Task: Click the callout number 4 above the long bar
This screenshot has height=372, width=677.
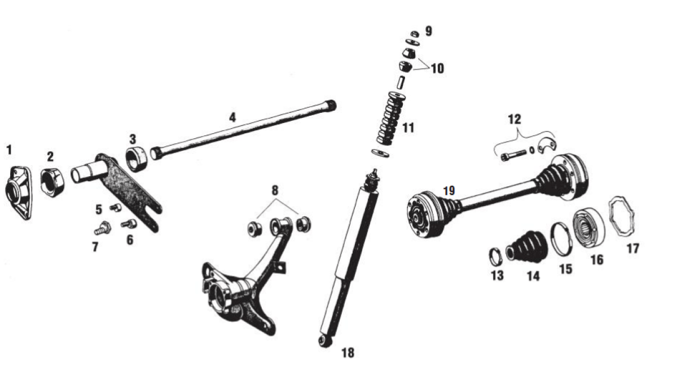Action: [232, 117]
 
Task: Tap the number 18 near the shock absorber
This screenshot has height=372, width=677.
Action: [348, 353]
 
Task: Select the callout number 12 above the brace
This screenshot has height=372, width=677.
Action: [515, 119]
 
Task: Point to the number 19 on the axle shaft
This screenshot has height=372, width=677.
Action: [449, 191]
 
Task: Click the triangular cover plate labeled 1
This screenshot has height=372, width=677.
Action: [19, 192]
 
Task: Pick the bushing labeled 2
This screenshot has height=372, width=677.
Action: [52, 183]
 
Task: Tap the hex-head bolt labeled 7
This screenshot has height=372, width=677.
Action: [103, 228]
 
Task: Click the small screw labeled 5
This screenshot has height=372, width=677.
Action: [116, 207]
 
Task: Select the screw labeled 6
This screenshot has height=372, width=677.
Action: [129, 224]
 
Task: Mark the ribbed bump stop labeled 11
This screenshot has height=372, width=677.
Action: [390, 118]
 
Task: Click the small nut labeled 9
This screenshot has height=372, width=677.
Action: [415, 34]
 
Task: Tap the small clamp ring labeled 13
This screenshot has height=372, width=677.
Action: [495, 256]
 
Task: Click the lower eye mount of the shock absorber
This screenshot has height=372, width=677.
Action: [325, 341]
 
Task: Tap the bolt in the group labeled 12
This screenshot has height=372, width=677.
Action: [513, 155]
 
